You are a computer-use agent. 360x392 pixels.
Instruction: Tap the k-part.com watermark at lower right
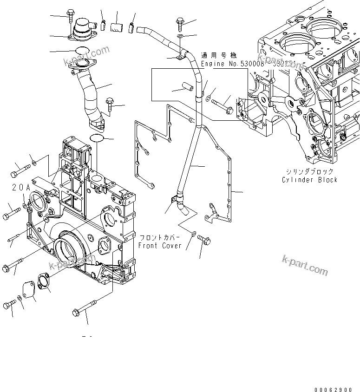pos(305,265)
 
